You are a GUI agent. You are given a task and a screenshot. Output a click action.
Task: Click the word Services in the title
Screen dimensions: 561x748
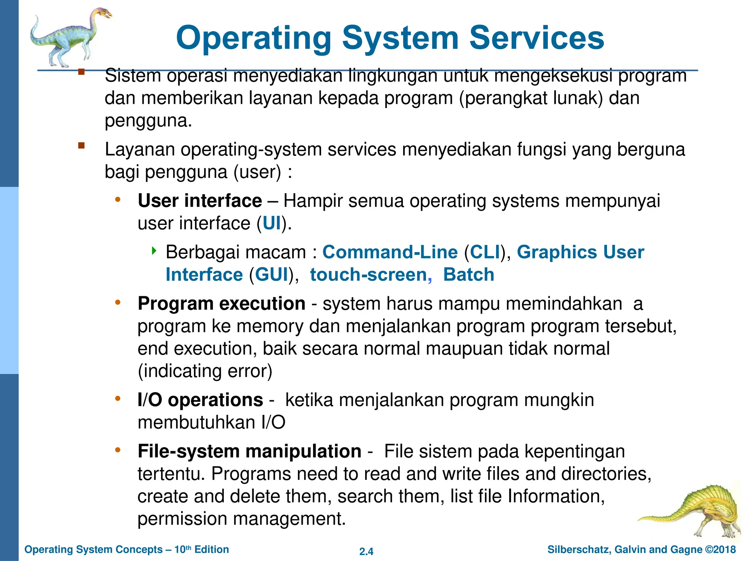point(537,38)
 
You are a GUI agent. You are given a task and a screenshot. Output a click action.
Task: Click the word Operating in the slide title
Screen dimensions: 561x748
point(253,38)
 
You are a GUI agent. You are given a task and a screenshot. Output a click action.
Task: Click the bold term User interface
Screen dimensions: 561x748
point(200,201)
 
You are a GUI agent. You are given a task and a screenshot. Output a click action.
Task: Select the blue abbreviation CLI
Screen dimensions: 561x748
point(485,252)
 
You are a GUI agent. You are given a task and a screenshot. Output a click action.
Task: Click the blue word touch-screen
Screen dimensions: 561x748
point(369,275)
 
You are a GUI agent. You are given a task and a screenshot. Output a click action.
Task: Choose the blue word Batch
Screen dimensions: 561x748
point(469,275)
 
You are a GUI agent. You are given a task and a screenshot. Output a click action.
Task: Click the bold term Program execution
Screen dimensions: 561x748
point(221,304)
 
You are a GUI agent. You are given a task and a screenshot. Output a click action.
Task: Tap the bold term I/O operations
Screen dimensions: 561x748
point(200,400)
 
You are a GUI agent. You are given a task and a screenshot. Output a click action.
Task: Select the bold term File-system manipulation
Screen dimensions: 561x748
point(249,451)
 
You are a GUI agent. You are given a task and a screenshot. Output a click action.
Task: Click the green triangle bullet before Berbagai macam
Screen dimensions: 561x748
point(154,251)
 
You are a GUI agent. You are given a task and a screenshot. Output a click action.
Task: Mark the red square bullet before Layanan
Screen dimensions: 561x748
point(81,146)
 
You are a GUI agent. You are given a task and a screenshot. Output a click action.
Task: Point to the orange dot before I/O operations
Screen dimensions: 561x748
point(118,398)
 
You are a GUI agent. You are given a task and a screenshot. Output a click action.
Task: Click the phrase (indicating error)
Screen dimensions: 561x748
point(205,371)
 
